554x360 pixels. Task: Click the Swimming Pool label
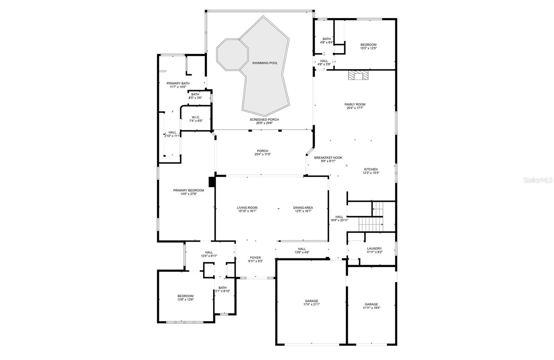[x=265, y=63]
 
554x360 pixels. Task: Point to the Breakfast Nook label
[x=328, y=158]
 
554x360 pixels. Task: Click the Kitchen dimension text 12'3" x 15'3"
[x=370, y=173]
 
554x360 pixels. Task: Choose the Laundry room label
[x=374, y=248]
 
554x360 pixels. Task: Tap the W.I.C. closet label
[x=195, y=117]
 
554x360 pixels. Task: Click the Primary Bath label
[x=178, y=83]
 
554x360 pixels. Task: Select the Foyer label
[x=255, y=258]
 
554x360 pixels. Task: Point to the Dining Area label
[x=303, y=208]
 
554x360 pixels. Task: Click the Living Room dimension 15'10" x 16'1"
[x=247, y=211]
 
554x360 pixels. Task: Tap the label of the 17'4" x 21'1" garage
[x=311, y=301]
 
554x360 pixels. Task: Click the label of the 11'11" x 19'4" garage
[x=371, y=304]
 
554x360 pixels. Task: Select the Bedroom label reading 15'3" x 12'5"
[x=368, y=45]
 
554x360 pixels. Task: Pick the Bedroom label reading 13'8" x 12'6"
[x=186, y=296]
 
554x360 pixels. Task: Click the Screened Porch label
[x=264, y=120]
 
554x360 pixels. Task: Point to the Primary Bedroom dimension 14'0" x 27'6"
[x=188, y=194]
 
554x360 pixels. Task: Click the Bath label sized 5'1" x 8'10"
[x=222, y=291]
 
